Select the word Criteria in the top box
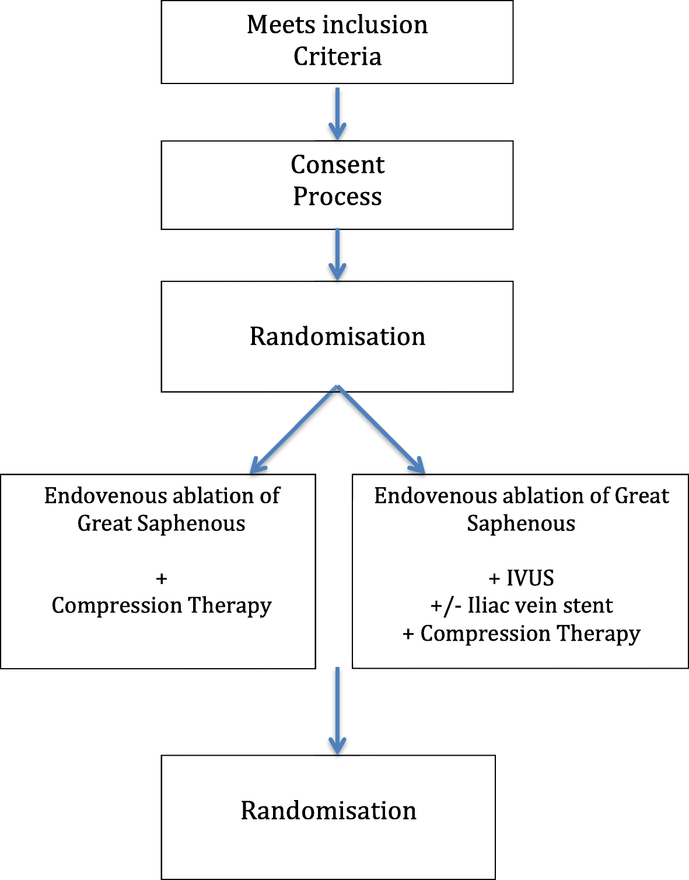coord(337,57)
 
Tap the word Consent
coord(337,165)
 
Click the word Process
coord(337,197)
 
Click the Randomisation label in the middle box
coord(337,337)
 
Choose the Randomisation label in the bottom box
coord(328,811)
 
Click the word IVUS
coord(530,578)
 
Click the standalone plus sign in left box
coord(162,579)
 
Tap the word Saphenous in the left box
coord(191,523)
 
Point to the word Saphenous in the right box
coord(521,523)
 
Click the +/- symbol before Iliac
coord(446,606)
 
